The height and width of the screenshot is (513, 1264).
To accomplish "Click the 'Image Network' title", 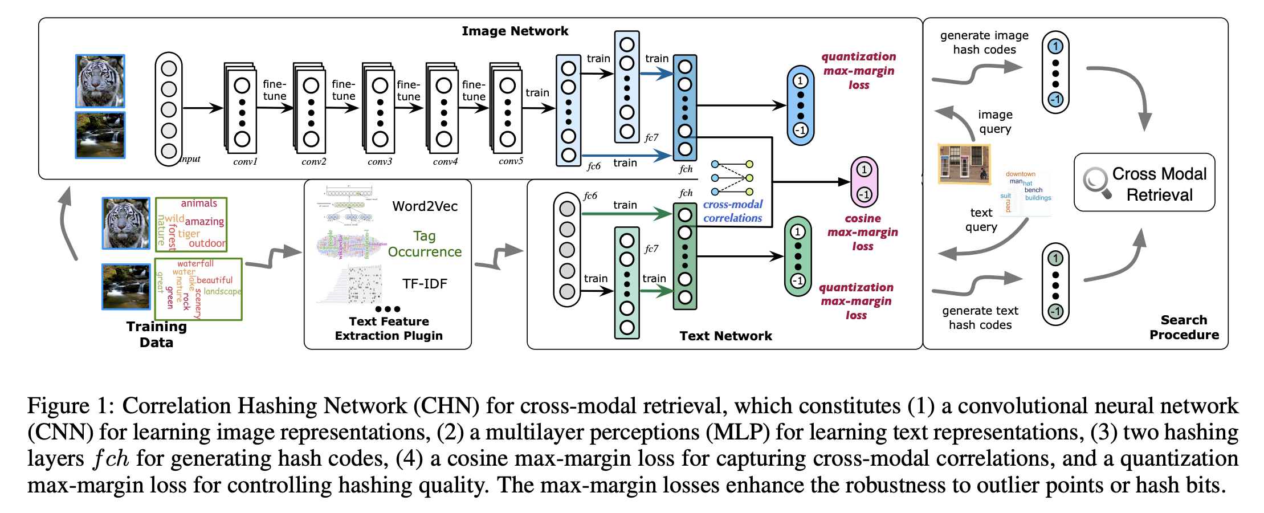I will [x=515, y=31].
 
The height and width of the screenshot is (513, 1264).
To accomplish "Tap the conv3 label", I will [x=380, y=161].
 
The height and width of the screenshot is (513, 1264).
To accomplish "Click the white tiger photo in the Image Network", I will [x=100, y=80].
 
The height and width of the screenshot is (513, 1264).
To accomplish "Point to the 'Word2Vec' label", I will [x=425, y=206].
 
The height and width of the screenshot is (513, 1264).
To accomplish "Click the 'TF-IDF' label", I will [x=425, y=283].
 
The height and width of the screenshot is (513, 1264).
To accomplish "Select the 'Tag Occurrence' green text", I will [x=425, y=244].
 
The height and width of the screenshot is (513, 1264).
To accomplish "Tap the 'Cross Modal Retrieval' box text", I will [x=1159, y=184].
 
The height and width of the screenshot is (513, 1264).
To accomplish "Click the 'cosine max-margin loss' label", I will [x=862, y=232].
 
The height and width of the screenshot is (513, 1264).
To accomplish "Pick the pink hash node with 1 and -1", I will [x=864, y=182].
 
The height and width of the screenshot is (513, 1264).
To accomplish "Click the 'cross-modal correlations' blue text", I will [x=732, y=211].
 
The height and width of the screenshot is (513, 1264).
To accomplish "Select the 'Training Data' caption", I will [x=156, y=334].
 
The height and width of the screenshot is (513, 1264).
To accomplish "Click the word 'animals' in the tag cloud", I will [x=199, y=203].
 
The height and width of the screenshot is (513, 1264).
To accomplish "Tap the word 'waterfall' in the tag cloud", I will [x=195, y=263].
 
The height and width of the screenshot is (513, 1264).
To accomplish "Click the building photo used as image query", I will [x=964, y=164].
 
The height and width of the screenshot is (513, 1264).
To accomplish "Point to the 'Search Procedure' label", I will [x=1184, y=327].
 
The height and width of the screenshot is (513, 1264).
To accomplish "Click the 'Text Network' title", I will [x=725, y=336].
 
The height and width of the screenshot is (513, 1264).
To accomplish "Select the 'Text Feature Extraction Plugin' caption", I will [x=389, y=328].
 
